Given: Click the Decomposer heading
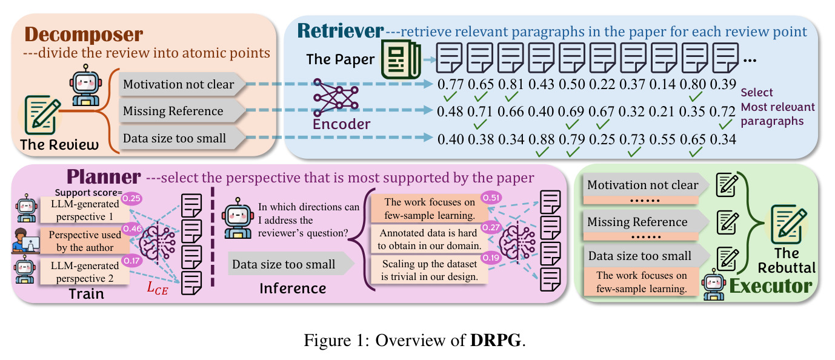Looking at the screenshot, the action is (84, 35).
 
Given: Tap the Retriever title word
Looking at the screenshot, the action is (340, 30).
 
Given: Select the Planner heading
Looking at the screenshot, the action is (104, 176).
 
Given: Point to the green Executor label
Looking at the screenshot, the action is (771, 286).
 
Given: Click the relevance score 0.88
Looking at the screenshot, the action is (541, 139).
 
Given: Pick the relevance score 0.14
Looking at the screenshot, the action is (662, 84).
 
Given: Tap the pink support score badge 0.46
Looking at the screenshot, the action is (132, 228).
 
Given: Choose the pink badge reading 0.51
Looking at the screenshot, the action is (491, 198).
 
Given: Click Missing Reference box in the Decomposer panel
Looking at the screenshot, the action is (182, 111).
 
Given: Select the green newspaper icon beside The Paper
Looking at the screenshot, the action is (401, 59).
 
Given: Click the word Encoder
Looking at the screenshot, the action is (342, 124).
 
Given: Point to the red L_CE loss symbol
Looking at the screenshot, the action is (158, 288).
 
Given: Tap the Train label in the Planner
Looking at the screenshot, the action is (87, 294).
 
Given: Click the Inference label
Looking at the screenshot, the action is (293, 288).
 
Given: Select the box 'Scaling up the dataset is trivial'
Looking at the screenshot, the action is (430, 270).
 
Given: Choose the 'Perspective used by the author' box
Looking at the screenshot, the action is (85, 241).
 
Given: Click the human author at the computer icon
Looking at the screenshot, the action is (25, 241).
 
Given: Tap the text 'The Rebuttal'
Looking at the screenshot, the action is (787, 261).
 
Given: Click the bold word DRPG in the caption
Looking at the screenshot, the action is (496, 340).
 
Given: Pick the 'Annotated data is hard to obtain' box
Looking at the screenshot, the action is (430, 239).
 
